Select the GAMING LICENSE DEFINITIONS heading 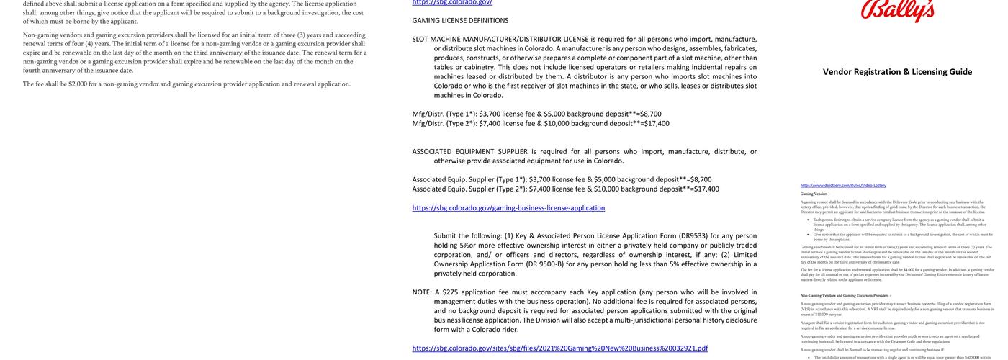(x=460, y=20)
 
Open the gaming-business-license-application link (x=508, y=208)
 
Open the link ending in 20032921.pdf (x=559, y=348)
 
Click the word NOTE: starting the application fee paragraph (x=422, y=292)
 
